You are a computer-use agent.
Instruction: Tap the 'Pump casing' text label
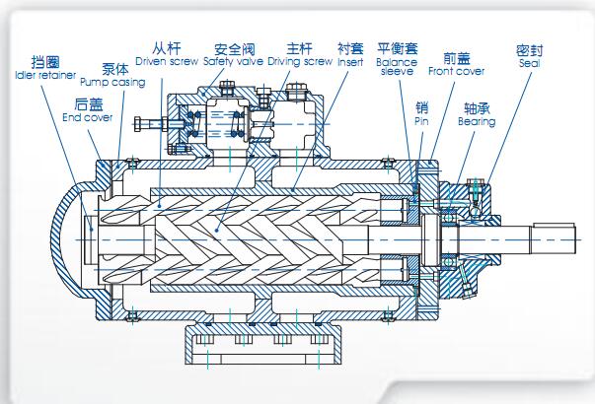(112, 83)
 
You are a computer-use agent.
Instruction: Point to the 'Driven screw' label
(168, 61)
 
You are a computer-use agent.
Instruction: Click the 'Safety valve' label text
(235, 61)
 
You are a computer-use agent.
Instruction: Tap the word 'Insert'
(350, 61)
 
